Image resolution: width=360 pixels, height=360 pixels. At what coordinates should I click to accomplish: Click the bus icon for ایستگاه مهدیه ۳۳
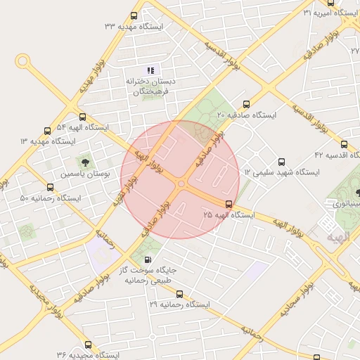pos(134,15)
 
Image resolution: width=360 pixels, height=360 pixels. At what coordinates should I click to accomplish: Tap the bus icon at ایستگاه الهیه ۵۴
pos(83,117)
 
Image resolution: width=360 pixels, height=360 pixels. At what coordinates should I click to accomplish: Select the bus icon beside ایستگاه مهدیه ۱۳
pos(47,131)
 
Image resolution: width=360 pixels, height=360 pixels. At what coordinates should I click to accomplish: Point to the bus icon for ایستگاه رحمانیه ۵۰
pos(50,187)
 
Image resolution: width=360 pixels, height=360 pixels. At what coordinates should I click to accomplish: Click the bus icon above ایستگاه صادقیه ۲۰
pos(245,103)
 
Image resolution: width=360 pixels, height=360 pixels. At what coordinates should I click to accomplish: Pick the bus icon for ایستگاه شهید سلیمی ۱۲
pos(282,162)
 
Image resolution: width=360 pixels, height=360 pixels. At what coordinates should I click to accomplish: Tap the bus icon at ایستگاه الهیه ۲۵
pos(229,203)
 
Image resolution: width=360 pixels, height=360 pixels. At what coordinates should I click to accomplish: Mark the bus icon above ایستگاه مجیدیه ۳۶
pos(88,345)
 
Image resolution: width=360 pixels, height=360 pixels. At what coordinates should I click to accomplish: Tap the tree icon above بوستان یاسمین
pos(86,164)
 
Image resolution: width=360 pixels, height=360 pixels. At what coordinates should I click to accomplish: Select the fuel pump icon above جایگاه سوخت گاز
pos(147,261)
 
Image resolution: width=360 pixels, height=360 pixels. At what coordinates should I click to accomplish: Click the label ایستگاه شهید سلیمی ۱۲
pos(282,172)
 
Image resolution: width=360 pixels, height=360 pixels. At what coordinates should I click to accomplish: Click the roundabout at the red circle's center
pos(181,184)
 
